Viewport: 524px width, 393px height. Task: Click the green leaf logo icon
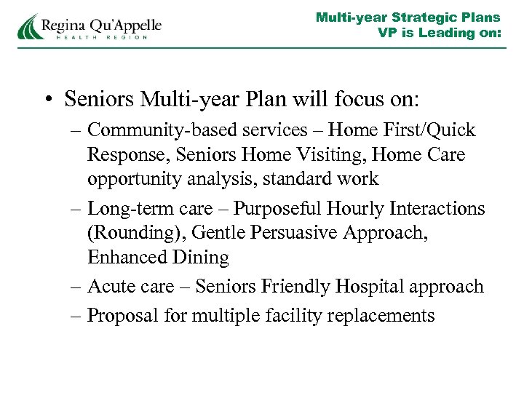click(28, 26)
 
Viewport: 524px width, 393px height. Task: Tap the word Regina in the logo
click(63, 25)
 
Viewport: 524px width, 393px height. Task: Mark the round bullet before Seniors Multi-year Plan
click(49, 98)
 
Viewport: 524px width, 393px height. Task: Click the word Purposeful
click(281, 209)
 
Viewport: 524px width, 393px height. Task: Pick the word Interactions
click(437, 209)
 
